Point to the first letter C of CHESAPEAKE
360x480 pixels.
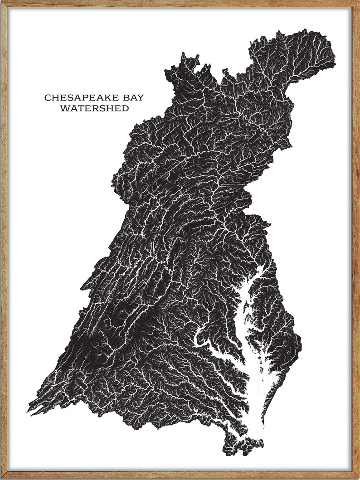(x=47, y=97)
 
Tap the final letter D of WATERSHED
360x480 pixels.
(x=125, y=108)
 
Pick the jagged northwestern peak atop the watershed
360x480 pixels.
(x=184, y=57)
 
